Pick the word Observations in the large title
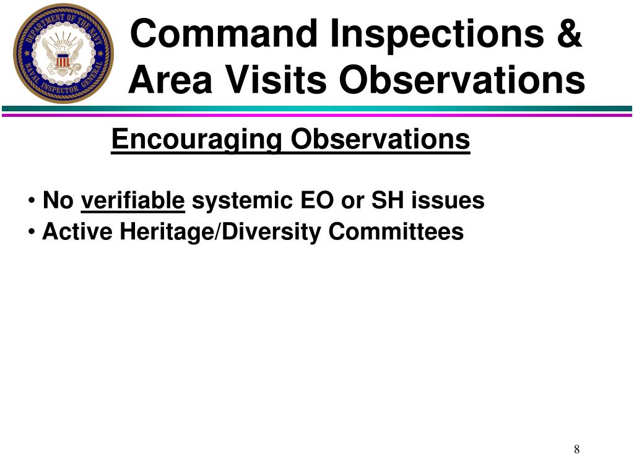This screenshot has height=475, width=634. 464,80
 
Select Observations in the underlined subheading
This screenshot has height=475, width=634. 381,139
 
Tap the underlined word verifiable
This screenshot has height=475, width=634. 133,201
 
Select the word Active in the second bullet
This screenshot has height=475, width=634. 77,232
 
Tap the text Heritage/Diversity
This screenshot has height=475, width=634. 221,232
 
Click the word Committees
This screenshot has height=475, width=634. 396,232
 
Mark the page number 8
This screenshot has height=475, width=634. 576,449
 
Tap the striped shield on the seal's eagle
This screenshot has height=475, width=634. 62,61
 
